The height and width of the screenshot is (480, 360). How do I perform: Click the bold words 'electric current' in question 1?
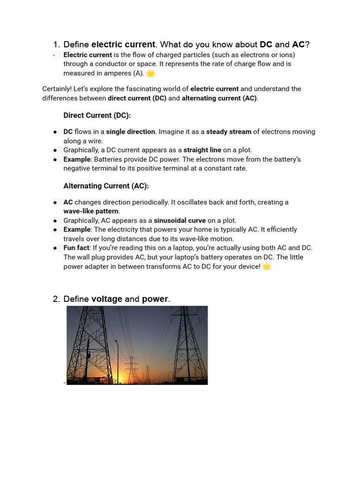pos(123,45)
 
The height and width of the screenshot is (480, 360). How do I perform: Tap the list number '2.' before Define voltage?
pos(56,299)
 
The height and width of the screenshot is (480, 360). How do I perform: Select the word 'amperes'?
pos(117,73)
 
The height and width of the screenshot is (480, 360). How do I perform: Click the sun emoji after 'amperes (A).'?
pos(150,73)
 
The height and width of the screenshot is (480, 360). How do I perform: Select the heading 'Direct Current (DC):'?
pos(97,115)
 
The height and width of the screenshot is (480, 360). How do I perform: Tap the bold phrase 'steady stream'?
pos(229,132)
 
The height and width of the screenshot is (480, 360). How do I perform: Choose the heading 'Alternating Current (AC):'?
pos(106,186)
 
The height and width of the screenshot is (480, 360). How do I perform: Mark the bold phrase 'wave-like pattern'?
pos(91,211)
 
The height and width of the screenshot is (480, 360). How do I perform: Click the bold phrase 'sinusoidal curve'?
pos(180,220)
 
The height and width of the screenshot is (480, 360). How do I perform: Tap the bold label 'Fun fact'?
pos(76,247)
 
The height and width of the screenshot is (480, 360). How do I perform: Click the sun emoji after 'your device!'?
pos(267,266)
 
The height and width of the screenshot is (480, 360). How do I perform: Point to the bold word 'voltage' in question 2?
pos(107,299)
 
